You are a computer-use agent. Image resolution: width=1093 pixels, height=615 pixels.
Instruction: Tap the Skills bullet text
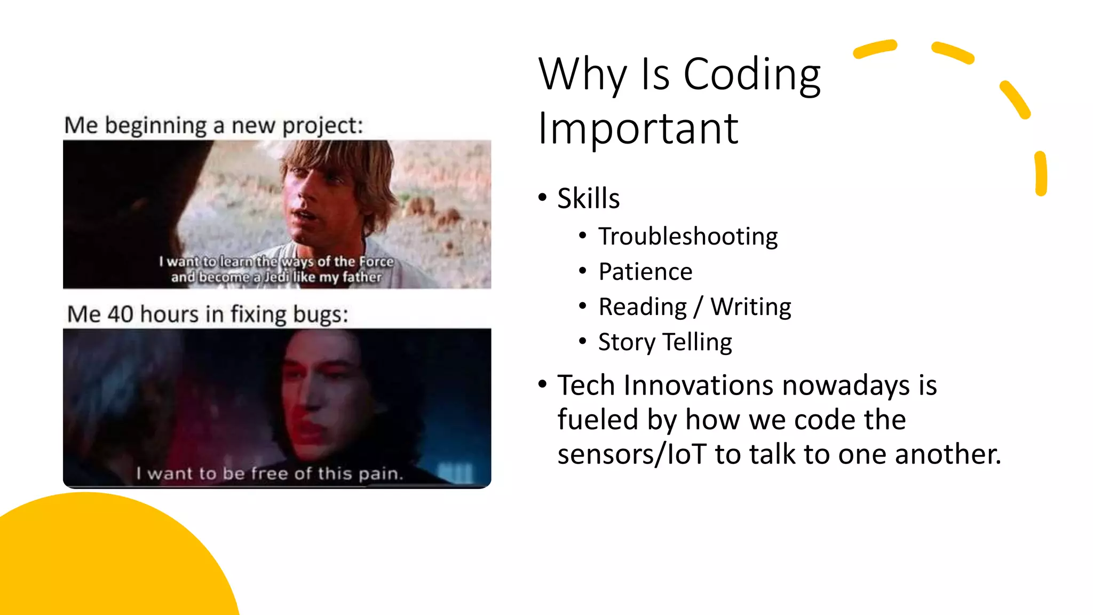(588, 199)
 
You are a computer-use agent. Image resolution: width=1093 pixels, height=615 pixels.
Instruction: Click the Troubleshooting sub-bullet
(687, 236)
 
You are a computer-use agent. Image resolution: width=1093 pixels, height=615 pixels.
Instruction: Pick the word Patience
(645, 272)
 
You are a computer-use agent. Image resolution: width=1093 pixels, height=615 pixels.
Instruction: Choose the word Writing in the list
(750, 307)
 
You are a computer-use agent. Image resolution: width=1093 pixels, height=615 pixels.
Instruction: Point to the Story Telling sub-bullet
(665, 342)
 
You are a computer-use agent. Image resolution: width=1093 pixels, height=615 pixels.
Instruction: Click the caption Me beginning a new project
(213, 126)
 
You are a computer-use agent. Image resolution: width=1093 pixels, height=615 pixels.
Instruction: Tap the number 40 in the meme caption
(120, 314)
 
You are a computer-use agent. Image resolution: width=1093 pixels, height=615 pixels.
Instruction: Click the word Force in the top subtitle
(376, 262)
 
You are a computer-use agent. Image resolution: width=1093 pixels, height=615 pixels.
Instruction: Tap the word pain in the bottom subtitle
(380, 474)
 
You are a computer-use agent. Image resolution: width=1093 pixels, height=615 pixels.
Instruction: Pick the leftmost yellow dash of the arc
(874, 49)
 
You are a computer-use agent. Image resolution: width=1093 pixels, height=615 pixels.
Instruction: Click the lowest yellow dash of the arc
(1041, 174)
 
